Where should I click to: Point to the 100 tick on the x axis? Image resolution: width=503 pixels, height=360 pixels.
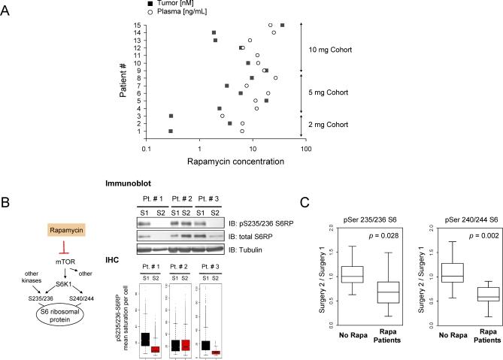pos(305,148)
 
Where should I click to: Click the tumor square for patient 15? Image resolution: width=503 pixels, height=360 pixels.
pos(283,25)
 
